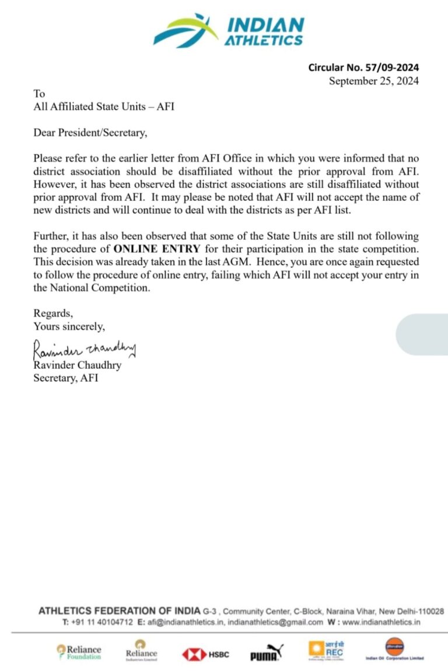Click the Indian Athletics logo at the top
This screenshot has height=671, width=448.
[x=228, y=30]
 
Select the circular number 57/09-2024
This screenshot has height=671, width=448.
[x=363, y=68]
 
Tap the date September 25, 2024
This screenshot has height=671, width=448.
[x=373, y=81]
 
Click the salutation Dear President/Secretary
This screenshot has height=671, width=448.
[x=90, y=133]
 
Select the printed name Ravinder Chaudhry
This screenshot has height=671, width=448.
[x=77, y=365]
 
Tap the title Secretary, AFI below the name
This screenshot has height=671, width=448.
[x=65, y=378]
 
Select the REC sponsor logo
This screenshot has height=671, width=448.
[x=326, y=650]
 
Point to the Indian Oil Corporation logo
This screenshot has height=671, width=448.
[x=394, y=649]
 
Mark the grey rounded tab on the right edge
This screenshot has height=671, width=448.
[x=422, y=334]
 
